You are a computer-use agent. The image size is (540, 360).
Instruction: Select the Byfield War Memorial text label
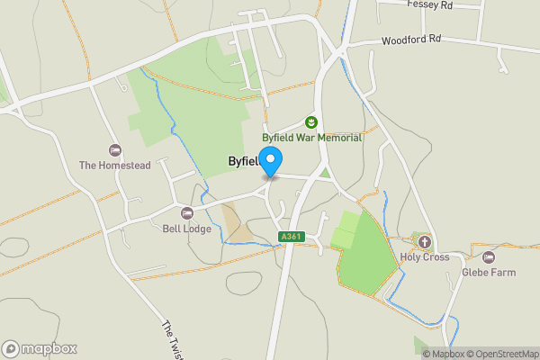311,138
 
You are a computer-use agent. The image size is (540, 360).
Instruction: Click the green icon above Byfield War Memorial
311,121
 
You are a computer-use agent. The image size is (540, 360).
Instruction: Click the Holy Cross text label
424,256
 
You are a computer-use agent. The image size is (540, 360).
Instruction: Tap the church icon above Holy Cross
424,241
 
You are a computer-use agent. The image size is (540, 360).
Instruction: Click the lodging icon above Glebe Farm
488,256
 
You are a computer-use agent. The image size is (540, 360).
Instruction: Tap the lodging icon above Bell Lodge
187,213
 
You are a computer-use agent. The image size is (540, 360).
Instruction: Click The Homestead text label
113,165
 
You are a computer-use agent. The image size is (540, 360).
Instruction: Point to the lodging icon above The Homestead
113,149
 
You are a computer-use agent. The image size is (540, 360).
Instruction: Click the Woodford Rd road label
411,40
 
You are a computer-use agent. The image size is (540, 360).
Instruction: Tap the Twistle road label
173,340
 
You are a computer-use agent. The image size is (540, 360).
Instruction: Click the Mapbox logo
40,349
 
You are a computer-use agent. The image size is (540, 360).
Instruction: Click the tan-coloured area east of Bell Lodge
238,224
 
